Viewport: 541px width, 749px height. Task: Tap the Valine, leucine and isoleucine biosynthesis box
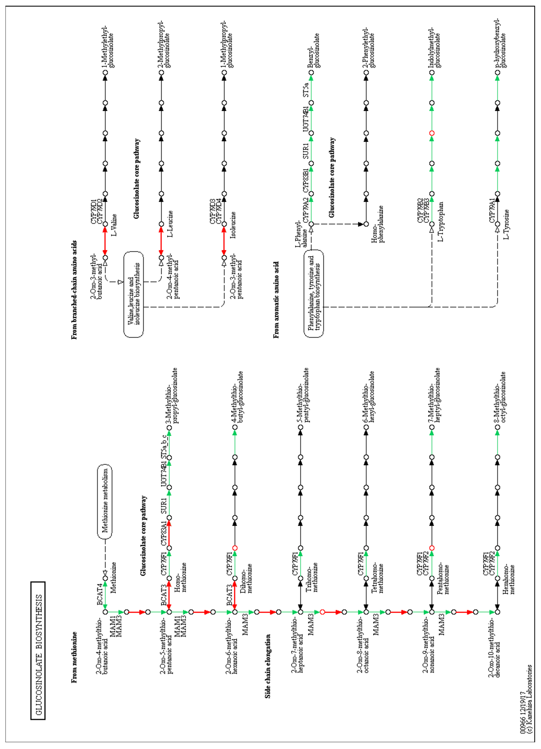[x=134, y=295]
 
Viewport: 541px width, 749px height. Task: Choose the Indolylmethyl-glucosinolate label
[x=434, y=48]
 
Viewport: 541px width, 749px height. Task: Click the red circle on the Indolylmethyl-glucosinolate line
[x=431, y=133]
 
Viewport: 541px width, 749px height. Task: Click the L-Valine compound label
[x=114, y=225]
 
